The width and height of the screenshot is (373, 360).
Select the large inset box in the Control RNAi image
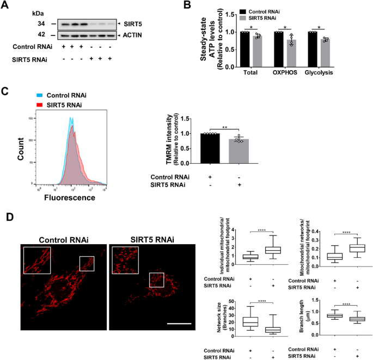pos(36,260)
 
